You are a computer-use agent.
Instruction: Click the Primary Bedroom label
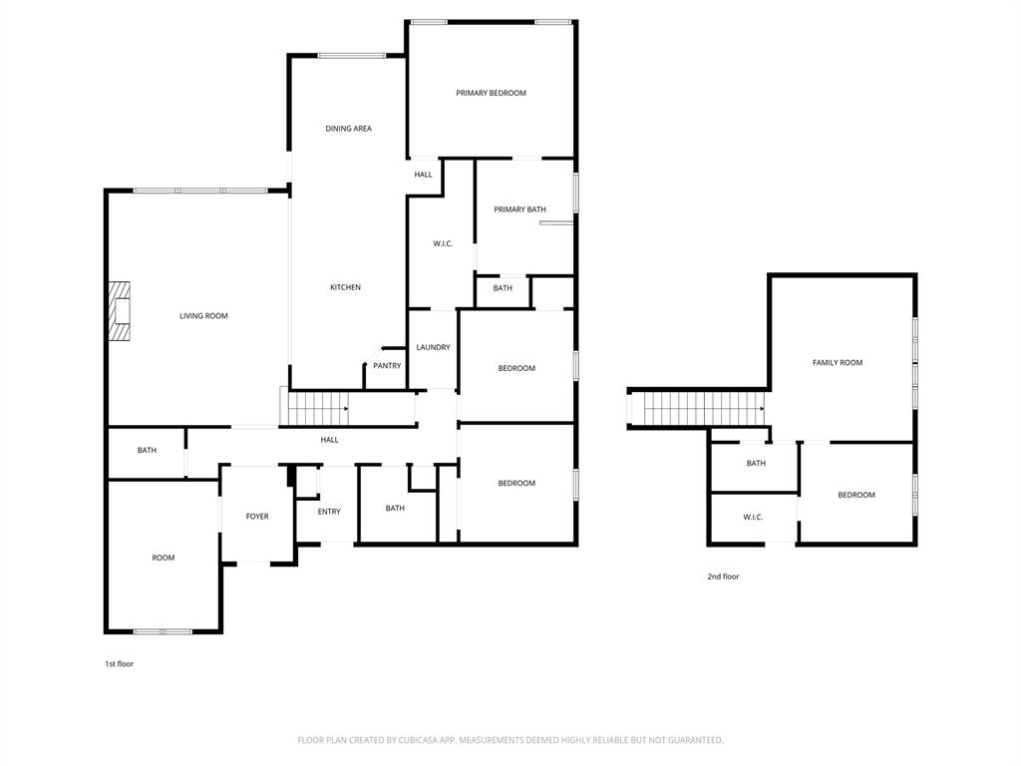tap(491, 93)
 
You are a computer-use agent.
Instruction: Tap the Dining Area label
tap(349, 129)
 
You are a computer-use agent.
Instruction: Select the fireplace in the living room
tap(121, 311)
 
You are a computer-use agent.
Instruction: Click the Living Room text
tap(203, 316)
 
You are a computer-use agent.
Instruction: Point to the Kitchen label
tap(345, 287)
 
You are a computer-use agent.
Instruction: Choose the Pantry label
tap(387, 366)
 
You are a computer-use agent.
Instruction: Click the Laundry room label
tap(433, 347)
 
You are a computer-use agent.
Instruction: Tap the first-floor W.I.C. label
tap(443, 243)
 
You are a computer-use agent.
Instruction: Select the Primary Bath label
tap(520, 209)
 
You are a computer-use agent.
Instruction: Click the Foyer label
tap(257, 517)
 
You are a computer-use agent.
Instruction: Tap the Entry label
tap(329, 512)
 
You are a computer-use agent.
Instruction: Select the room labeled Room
tap(163, 558)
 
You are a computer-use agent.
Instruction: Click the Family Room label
tap(838, 363)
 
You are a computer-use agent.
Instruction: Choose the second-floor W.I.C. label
tap(753, 517)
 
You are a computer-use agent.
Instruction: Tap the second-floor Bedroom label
tap(855, 495)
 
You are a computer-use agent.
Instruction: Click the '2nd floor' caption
tap(724, 576)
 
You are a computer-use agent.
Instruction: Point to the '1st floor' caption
tap(119, 663)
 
